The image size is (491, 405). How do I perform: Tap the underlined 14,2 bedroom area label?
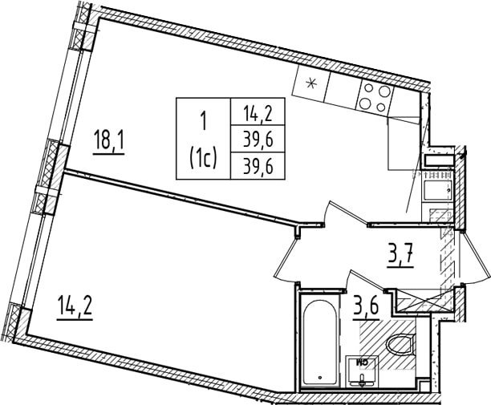(x=75, y=309)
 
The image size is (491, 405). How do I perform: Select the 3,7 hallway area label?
(x=400, y=256)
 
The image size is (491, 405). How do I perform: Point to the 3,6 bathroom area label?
(x=366, y=309)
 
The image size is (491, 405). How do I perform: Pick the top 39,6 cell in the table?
(x=258, y=140)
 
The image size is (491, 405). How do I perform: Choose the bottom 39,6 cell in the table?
(x=258, y=166)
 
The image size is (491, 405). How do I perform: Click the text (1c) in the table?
(x=203, y=157)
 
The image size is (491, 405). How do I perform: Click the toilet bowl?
(x=400, y=344)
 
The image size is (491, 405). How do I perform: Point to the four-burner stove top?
(x=375, y=98)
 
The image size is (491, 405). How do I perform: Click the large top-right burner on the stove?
(x=384, y=91)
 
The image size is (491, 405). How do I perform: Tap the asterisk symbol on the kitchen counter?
(x=310, y=83)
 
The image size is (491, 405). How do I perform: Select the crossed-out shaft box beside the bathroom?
(x=424, y=301)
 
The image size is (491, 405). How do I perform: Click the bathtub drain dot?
(x=319, y=378)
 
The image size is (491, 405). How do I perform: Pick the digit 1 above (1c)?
(x=204, y=121)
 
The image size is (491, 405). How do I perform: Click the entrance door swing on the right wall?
(x=473, y=257)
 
